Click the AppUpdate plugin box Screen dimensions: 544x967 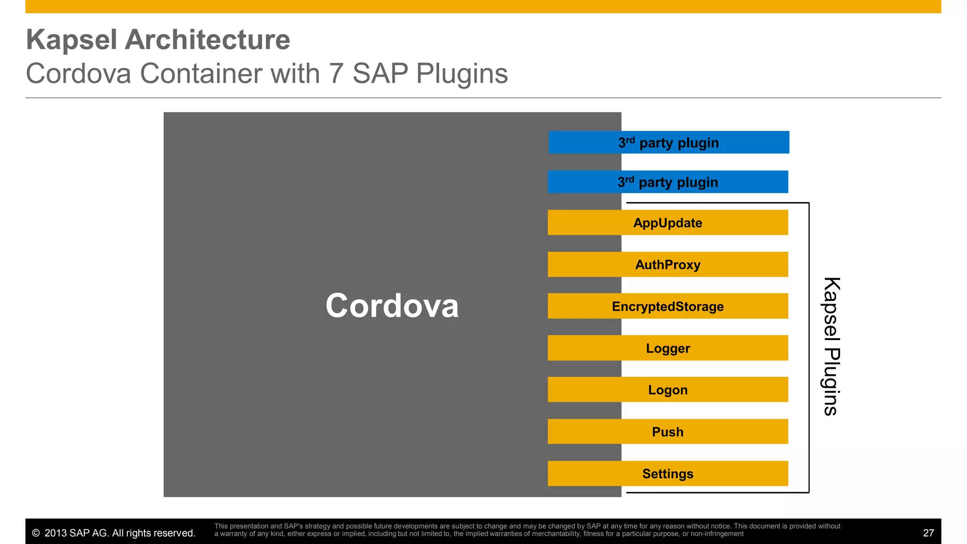668,222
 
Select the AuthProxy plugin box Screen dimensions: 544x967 668,264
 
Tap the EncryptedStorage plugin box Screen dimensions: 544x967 668,306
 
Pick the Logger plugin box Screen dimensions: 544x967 668,348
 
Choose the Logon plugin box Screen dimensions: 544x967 668,390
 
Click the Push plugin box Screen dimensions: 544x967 668,432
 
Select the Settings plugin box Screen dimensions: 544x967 668,473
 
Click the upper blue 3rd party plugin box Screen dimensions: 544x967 669,142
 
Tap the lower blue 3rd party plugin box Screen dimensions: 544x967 668,182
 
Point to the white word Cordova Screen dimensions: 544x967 392,306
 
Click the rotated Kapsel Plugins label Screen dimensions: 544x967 831,346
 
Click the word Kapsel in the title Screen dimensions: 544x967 71,40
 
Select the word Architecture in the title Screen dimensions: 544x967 207,40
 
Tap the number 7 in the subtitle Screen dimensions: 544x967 336,74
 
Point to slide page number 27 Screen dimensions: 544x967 928,533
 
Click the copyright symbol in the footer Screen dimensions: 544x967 35,533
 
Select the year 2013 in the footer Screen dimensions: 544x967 56,533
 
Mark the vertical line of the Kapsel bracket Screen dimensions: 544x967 809,347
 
